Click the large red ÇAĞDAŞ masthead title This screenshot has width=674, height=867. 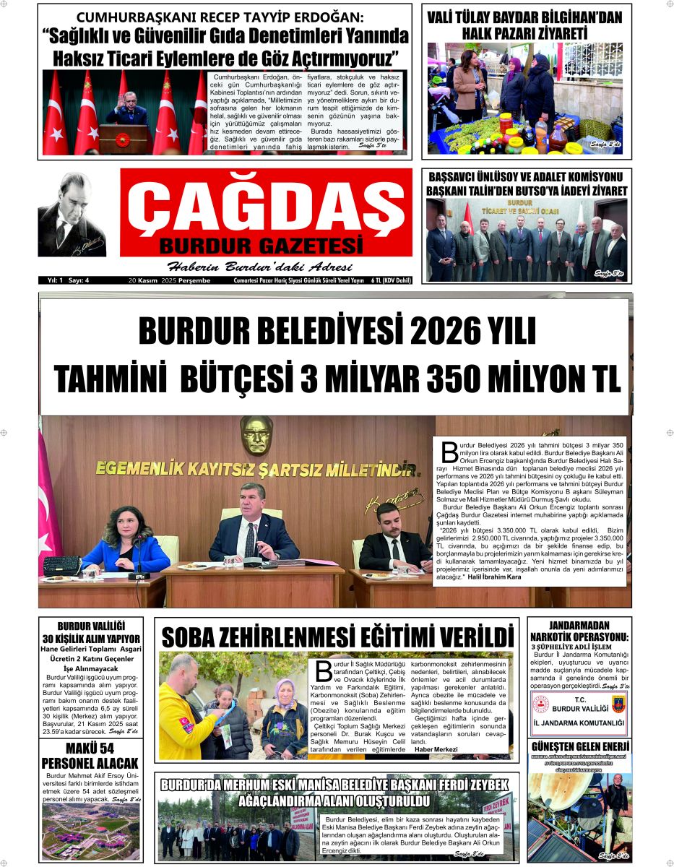click(266, 207)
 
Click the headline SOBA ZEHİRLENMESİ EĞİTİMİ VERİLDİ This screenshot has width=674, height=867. click(337, 638)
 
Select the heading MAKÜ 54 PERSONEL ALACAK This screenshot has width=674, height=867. click(90, 755)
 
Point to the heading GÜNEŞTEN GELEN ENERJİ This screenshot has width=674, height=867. click(580, 746)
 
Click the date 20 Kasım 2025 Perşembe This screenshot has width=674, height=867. click(169, 280)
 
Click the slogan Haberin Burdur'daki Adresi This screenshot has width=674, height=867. click(249, 266)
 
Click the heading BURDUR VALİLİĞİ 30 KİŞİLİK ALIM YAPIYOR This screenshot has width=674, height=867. click(90, 632)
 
